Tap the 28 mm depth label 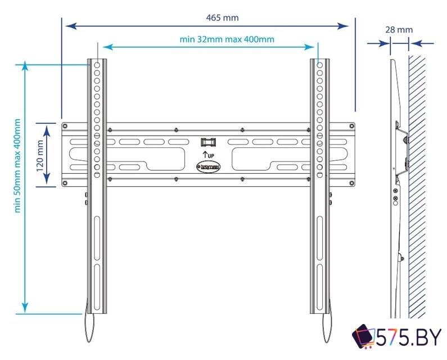point(399,30)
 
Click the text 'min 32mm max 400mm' point(227,39)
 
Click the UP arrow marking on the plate point(207,154)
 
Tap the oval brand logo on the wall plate point(207,166)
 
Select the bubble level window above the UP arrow point(207,142)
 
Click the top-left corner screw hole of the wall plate point(65,126)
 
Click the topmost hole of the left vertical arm point(97,66)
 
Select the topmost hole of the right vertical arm point(319,66)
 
